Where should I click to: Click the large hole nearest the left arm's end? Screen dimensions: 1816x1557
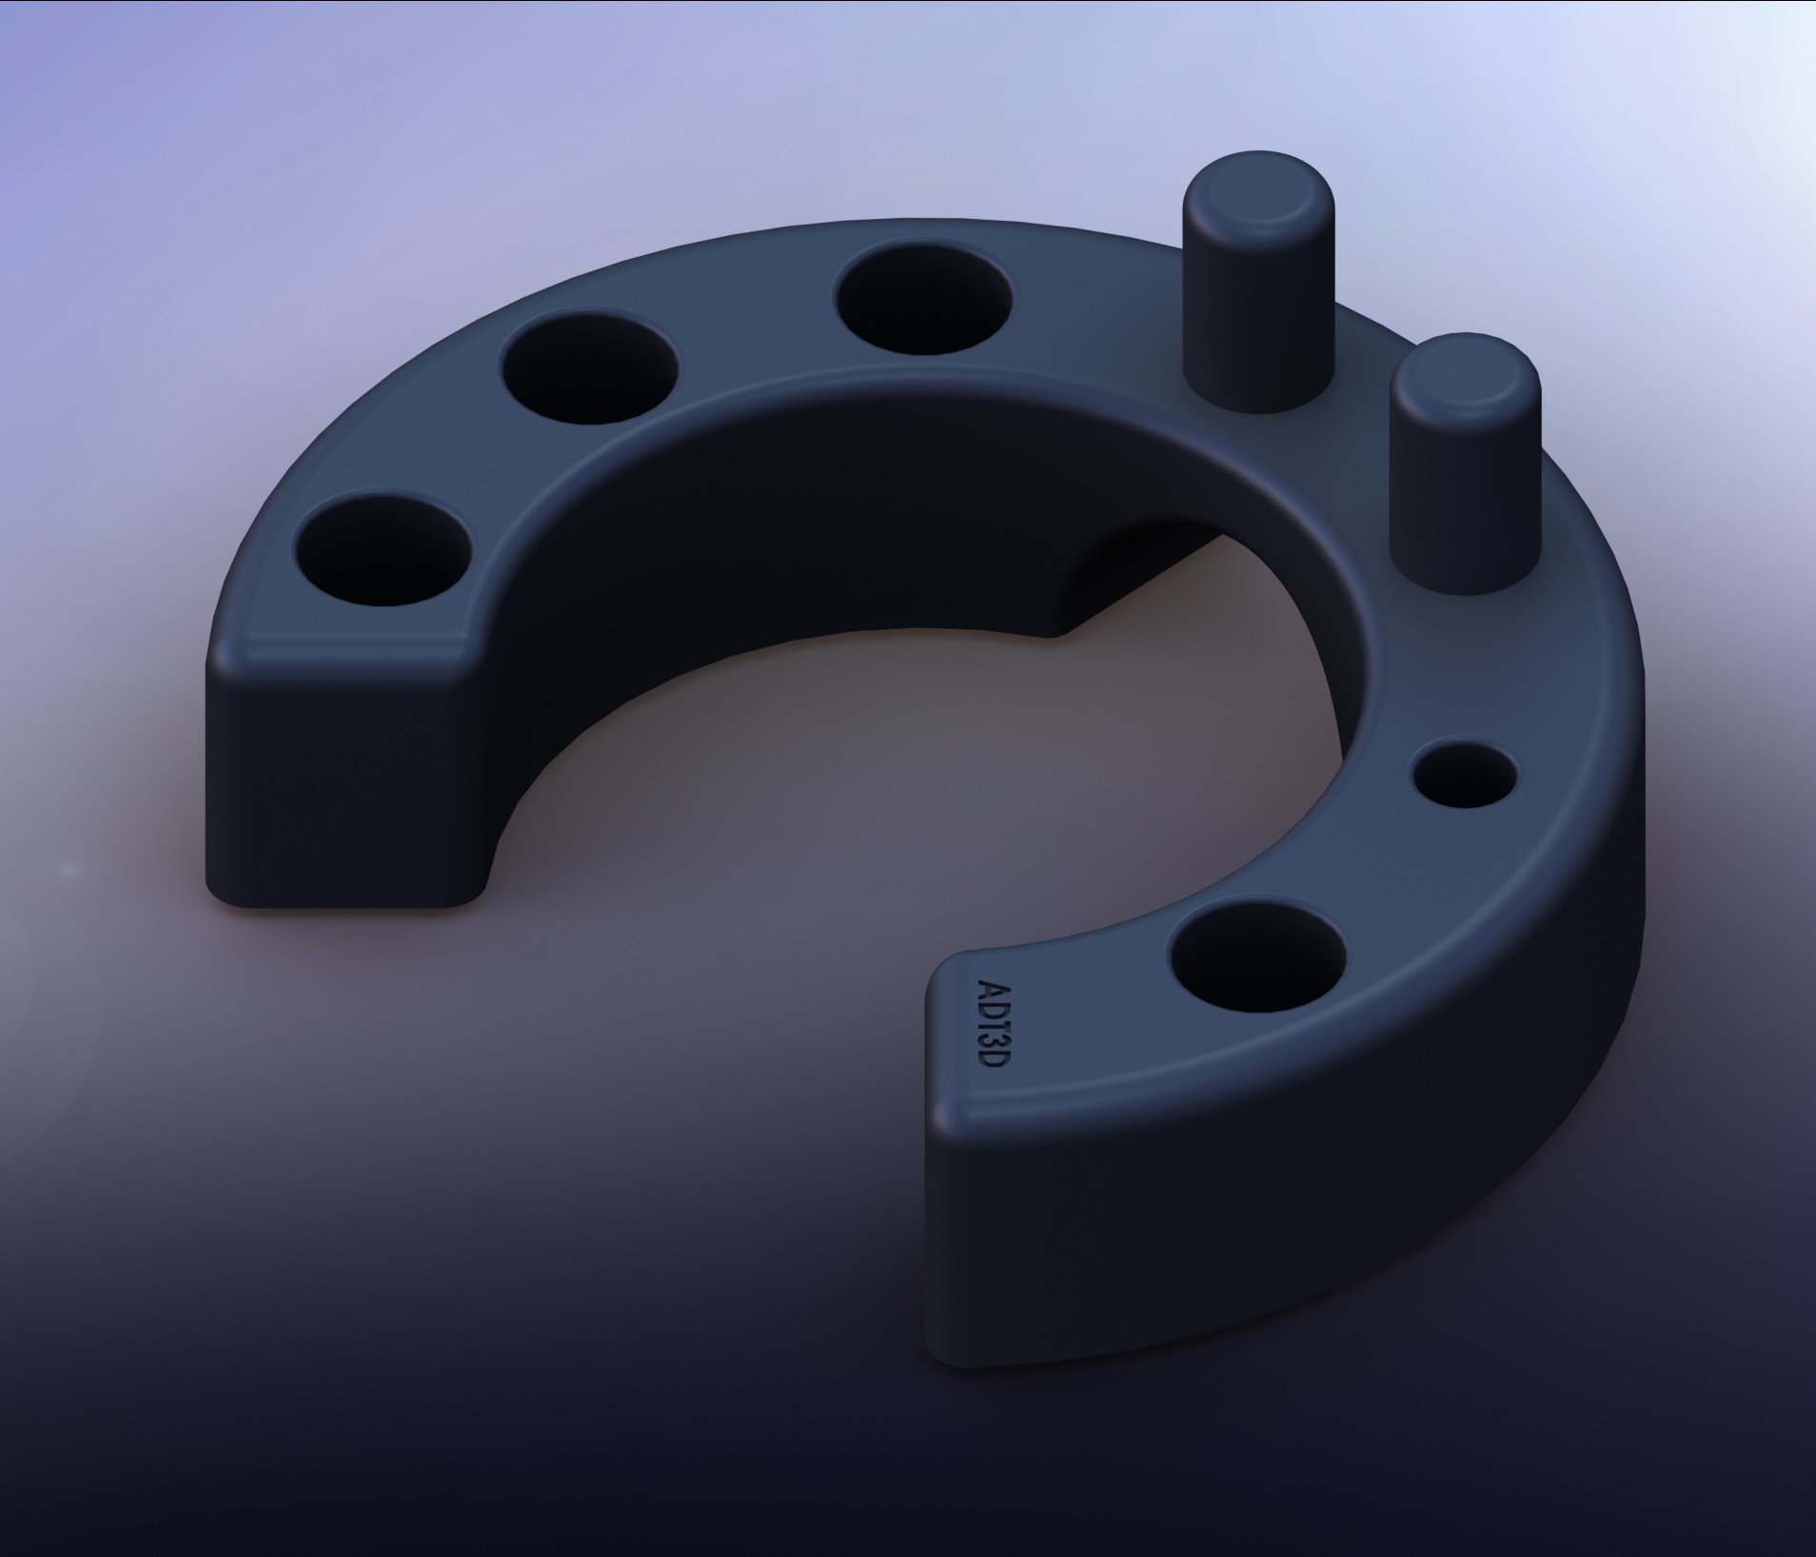point(383,548)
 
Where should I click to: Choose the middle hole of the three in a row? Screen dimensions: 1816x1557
point(590,369)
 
